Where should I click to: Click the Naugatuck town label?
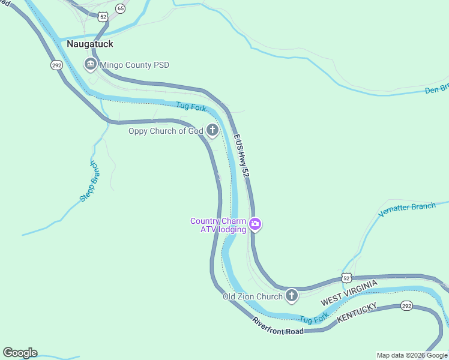[90, 44]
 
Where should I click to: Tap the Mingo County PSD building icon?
[91, 64]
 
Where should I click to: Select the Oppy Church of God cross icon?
[212, 130]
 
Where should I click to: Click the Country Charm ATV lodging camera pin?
[256, 225]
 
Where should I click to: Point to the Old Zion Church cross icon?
[292, 296]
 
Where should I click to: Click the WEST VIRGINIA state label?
[349, 292]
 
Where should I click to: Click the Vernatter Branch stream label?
[407, 211]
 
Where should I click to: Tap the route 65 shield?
[121, 8]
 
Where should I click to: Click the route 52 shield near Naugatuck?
[103, 17]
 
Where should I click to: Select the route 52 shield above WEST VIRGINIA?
[346, 277]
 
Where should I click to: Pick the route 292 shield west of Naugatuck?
[56, 65]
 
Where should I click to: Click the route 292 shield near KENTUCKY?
[406, 306]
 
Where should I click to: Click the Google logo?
[20, 353]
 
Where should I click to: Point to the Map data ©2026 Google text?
[412, 355]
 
